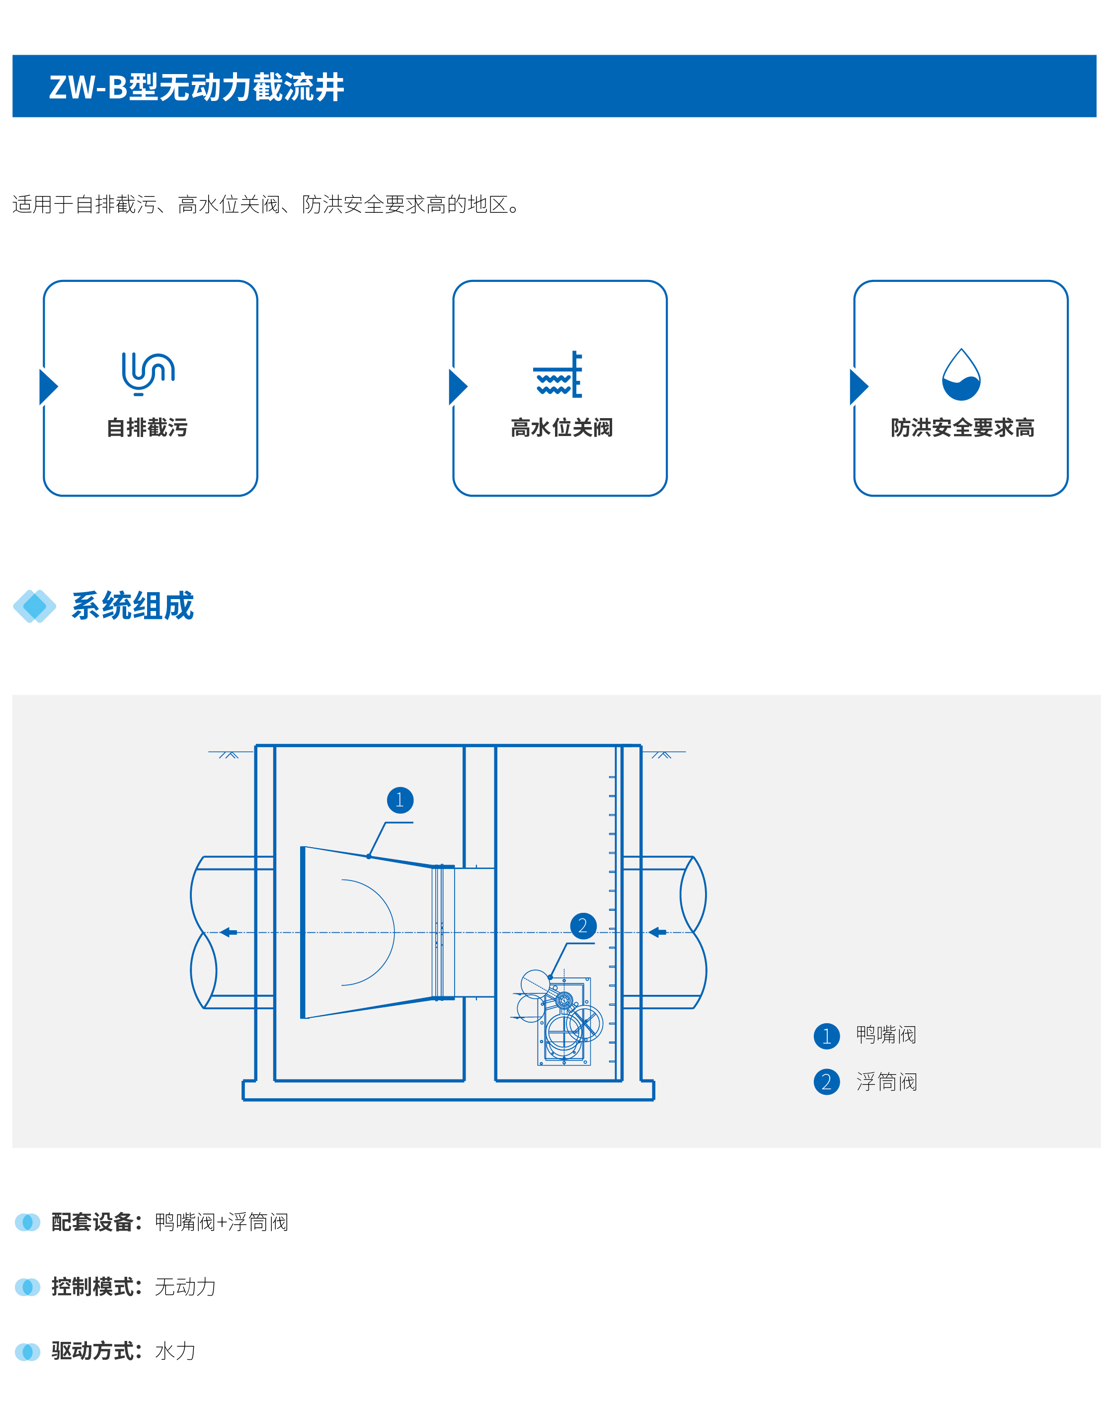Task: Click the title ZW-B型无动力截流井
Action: (196, 87)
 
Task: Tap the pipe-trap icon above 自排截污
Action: (148, 373)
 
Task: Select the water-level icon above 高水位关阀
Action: (558, 375)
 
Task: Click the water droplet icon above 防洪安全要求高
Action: (961, 375)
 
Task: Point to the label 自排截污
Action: (148, 428)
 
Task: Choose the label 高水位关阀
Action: (561, 428)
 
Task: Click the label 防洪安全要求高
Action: (962, 428)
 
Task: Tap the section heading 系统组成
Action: (133, 606)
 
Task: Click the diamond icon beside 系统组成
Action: (34, 606)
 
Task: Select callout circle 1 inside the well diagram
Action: (400, 799)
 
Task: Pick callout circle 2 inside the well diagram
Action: (583, 926)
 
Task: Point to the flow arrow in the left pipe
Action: (229, 932)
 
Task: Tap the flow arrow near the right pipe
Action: (658, 932)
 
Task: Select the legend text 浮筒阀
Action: (886, 1082)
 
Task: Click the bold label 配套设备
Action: (93, 1222)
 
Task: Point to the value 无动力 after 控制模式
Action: (185, 1286)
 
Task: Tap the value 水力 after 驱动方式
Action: (175, 1351)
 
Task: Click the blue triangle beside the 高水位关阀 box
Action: (458, 387)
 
